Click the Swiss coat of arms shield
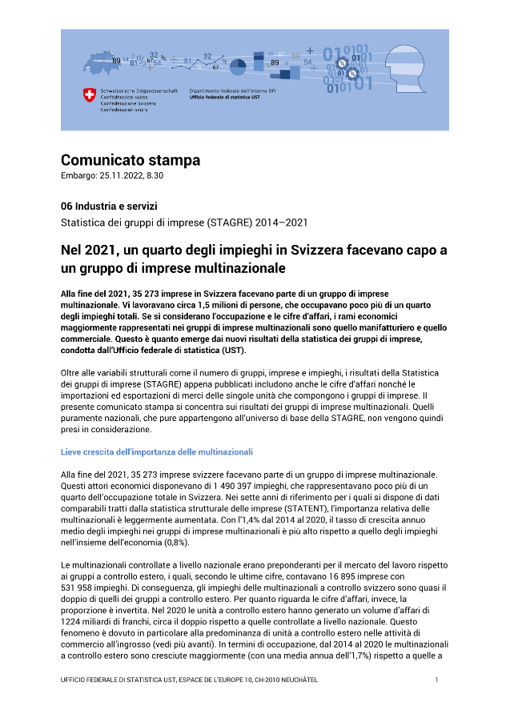click(x=89, y=96)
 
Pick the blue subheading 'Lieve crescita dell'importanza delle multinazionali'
click(x=157, y=452)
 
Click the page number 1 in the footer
click(x=437, y=680)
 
